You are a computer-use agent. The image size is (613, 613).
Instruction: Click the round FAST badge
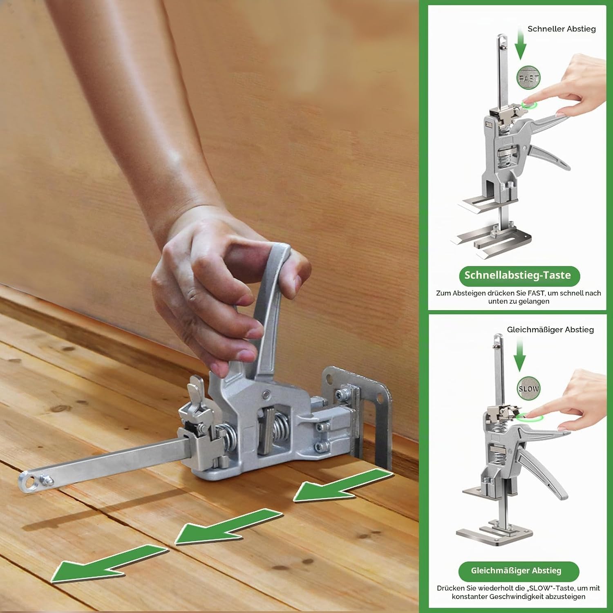(x=528, y=78)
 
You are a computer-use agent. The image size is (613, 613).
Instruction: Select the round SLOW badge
(x=528, y=389)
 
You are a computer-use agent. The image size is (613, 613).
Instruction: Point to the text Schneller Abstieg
(x=562, y=29)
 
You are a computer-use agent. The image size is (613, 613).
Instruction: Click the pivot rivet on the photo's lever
(x=266, y=394)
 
